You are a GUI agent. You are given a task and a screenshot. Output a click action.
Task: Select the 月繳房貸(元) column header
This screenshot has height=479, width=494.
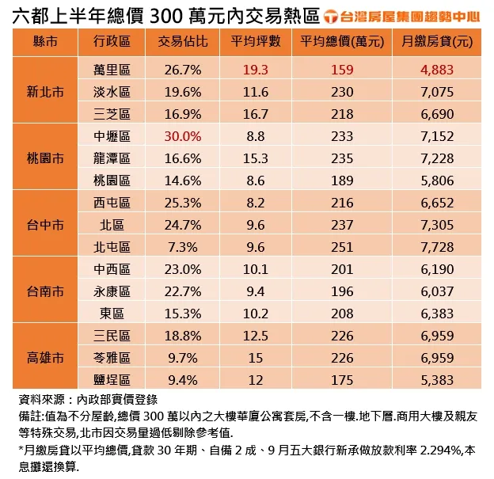[x=437, y=41]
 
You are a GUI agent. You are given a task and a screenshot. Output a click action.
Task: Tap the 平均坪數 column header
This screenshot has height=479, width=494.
[x=256, y=41]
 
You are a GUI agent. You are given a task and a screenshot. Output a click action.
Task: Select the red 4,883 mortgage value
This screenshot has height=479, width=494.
[x=437, y=70]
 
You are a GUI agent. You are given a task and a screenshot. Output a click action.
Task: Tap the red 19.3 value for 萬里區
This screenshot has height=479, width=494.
[x=256, y=70]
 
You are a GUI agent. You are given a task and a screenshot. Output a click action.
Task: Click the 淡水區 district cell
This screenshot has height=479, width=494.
[x=112, y=92]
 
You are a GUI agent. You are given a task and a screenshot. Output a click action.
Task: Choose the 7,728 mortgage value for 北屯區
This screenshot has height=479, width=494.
[x=437, y=246]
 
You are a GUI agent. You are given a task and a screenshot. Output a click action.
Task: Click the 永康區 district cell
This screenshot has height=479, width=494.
[x=112, y=291]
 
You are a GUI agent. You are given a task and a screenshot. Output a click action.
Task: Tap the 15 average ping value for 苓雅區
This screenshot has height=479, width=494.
[x=256, y=357]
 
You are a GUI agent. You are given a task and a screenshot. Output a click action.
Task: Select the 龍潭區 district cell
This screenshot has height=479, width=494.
[x=112, y=158]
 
